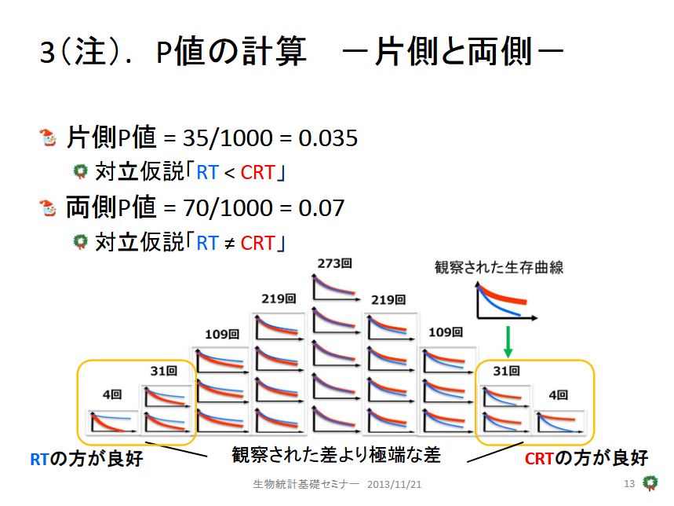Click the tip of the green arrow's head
coord(508,357)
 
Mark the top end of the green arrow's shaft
coord(508,327)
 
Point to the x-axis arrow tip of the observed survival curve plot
coord(537,318)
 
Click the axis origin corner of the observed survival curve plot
coord(478,318)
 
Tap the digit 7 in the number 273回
coord(329,263)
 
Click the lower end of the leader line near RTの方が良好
coord(207,456)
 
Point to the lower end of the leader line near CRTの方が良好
coord(468,462)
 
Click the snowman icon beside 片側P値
coord(48,137)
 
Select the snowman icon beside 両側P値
coord(48,207)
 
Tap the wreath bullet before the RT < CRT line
coord(80,171)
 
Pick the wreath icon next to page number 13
coord(650,482)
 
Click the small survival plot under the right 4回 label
coord(559,422)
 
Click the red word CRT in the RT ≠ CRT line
coord(257,243)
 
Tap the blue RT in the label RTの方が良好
coord(39,459)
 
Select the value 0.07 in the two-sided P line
coord(321,208)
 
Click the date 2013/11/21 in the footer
coord(394,485)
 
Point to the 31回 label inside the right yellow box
coord(506,371)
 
